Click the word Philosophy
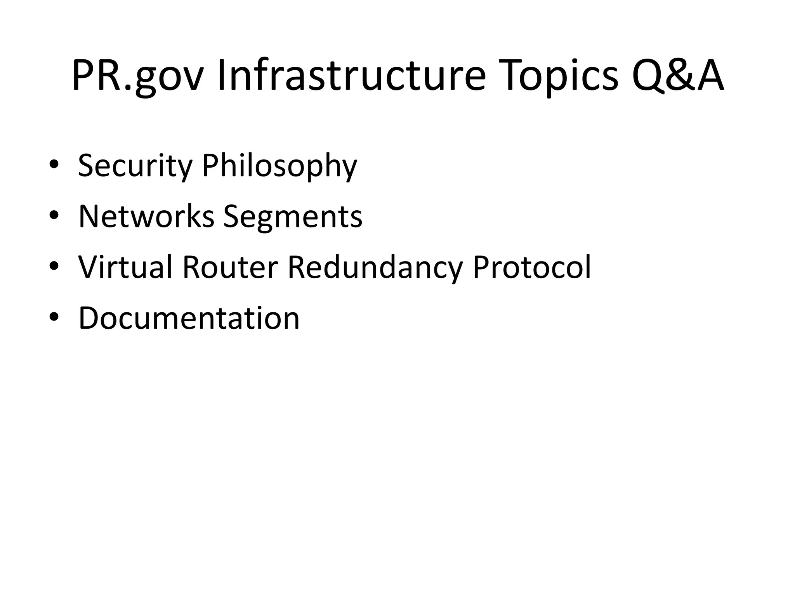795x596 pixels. pos(279,166)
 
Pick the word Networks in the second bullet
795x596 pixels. pos(146,216)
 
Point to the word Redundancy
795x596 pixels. pos(375,268)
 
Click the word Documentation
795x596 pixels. pos(189,318)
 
